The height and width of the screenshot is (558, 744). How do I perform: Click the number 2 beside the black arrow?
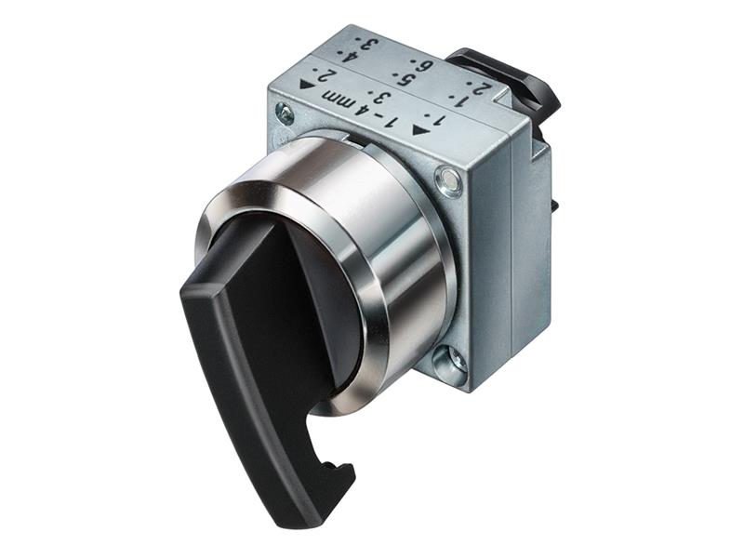pyautogui.click(x=325, y=74)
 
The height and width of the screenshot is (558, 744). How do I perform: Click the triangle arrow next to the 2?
pyautogui.click(x=307, y=85)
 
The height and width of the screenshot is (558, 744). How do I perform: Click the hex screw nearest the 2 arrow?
pyautogui.click(x=286, y=114)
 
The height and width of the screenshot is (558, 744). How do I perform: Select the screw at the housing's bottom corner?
pyautogui.click(x=450, y=364)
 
